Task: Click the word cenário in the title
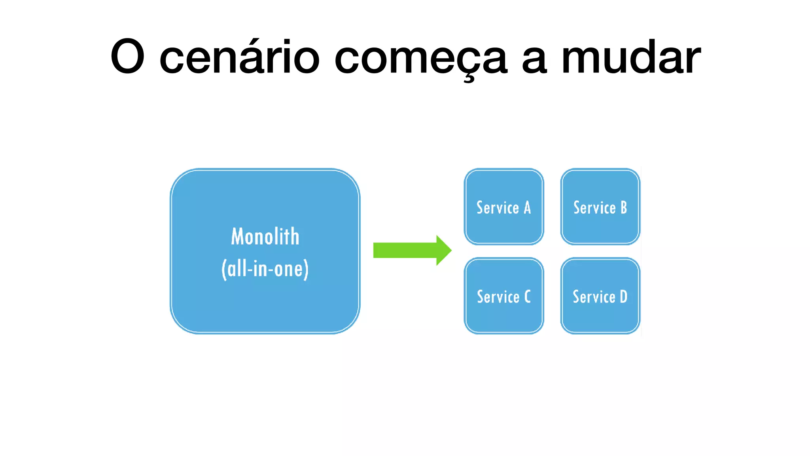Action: coord(239,57)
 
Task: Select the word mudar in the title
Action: coord(631,57)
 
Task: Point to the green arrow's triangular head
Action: coord(443,250)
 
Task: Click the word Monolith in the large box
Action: coord(265,237)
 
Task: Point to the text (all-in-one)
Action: coord(265,269)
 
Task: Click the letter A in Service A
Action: coord(527,208)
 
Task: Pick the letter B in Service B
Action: coord(624,208)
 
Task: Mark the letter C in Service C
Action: coord(527,297)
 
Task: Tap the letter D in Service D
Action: coord(624,297)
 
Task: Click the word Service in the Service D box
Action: coord(594,297)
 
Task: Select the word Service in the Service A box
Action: coord(498,208)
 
